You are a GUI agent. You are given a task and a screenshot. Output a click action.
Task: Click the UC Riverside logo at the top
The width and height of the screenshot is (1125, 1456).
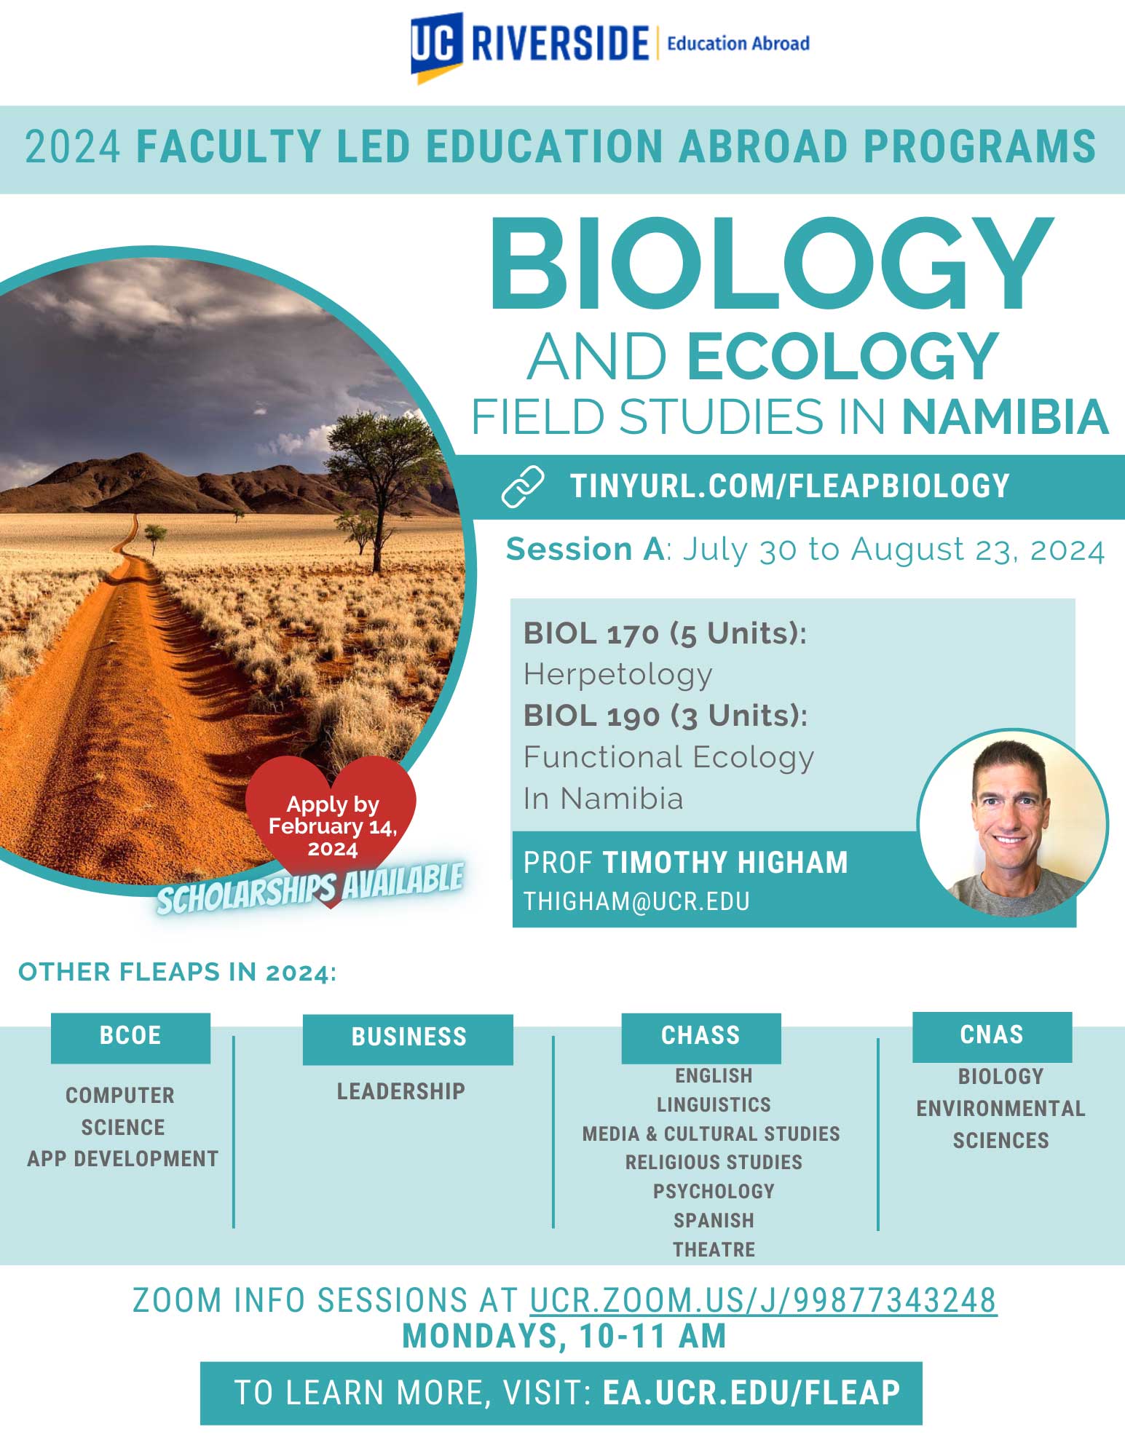610,45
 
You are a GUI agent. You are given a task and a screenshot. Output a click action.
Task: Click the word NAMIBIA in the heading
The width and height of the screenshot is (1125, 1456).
1005,417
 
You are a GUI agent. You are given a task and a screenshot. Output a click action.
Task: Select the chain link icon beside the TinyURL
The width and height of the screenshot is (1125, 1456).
523,486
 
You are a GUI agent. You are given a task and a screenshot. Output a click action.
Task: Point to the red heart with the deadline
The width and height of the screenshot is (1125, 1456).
331,826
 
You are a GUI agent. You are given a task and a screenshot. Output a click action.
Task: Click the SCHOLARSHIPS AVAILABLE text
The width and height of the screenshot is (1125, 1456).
310,888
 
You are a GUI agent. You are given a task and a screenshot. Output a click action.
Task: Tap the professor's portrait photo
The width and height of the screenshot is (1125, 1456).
1013,823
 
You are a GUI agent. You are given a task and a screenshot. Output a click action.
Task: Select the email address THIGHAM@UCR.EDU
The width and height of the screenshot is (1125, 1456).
636,901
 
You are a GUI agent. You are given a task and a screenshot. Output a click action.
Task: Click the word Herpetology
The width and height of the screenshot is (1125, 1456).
617,675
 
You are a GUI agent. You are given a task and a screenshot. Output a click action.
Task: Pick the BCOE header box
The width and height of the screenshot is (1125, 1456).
130,1037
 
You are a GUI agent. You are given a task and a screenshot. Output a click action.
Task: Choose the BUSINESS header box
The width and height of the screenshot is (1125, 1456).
408,1039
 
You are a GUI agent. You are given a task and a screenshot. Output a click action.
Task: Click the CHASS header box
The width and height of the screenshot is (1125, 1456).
700,1037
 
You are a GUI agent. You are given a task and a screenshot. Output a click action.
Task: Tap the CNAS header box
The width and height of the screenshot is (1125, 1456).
992,1036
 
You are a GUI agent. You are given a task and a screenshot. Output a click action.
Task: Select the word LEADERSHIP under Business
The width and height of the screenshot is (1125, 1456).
400,1091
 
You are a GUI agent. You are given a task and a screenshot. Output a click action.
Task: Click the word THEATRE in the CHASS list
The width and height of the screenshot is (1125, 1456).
714,1250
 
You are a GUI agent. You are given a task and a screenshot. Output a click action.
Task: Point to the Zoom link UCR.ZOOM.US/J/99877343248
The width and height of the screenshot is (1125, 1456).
763,1300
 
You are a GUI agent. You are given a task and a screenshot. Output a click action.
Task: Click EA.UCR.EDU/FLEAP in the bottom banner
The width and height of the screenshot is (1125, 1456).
751,1393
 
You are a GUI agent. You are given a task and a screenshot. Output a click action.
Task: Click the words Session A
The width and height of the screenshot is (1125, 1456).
585,550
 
